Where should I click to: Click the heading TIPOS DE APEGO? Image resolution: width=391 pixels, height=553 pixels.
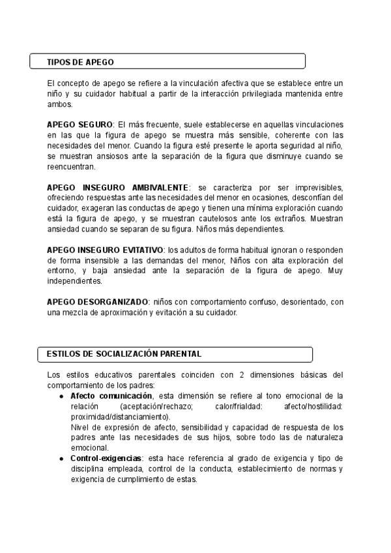click(x=80, y=62)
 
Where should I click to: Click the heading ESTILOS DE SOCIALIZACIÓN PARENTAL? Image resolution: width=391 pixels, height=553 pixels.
click(x=124, y=353)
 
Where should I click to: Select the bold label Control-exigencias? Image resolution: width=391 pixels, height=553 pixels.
click(x=106, y=458)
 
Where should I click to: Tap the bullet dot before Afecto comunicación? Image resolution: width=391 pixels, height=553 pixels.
click(x=61, y=396)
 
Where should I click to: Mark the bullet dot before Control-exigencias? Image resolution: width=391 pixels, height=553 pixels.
click(x=61, y=458)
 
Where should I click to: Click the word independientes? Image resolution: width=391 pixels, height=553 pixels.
click(x=74, y=281)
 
